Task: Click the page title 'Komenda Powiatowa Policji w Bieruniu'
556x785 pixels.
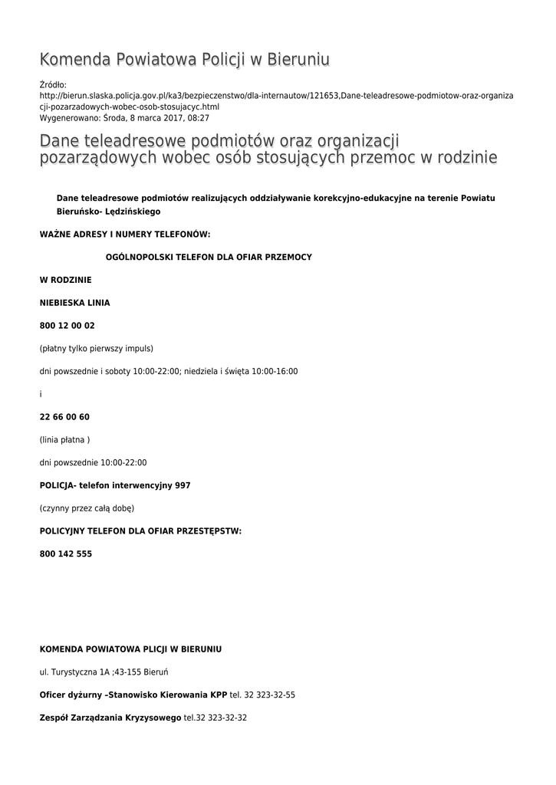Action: pos(184,60)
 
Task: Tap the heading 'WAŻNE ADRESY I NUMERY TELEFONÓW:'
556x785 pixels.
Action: pos(124,234)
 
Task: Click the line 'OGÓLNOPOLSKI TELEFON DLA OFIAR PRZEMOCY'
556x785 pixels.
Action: pos(209,257)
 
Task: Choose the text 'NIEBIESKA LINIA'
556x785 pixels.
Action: pos(74,303)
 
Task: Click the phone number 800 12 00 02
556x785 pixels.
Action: pos(67,326)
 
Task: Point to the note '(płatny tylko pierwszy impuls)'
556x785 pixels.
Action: pos(97,348)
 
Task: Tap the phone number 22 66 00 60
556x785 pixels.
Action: pos(64,417)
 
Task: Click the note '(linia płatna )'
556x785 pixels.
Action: pos(64,440)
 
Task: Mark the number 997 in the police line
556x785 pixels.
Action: pos(183,485)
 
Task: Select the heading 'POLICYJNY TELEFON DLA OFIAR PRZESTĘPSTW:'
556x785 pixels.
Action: pos(140,530)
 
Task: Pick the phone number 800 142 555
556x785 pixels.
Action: pos(66,553)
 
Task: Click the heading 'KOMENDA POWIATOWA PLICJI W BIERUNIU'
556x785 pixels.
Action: pos(130,649)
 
